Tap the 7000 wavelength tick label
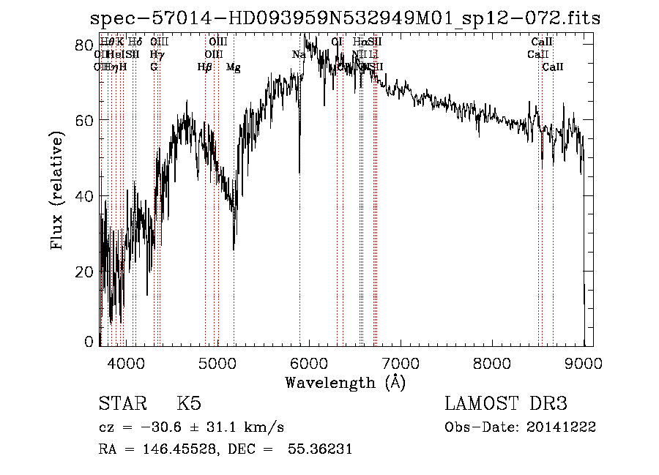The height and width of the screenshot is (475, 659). pyautogui.click(x=401, y=362)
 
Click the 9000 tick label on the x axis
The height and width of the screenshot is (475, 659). pyautogui.click(x=584, y=362)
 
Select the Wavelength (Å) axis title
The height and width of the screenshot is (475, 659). pyautogui.click(x=345, y=382)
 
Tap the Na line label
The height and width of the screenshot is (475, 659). pyautogui.click(x=299, y=54)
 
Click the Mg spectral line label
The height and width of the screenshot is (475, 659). pyautogui.click(x=233, y=67)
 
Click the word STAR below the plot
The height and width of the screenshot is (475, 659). pyautogui.click(x=121, y=405)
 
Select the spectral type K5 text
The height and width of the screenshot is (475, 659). pyautogui.click(x=189, y=405)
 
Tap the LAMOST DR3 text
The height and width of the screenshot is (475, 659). pyautogui.click(x=506, y=405)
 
